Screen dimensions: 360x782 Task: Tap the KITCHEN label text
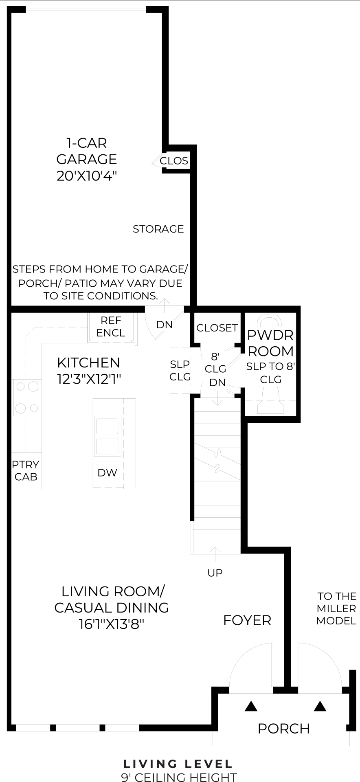pos(88,362)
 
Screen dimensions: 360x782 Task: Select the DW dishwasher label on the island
pos(107,472)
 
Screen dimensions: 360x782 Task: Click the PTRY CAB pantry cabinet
pos(26,470)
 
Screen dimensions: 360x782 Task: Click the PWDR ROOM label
pos(271,343)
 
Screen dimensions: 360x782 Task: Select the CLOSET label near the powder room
pos(217,328)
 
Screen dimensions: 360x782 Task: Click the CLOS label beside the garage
pos(174,161)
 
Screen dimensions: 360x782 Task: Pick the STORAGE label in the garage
pos(158,229)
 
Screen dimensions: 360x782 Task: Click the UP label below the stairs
pos(215,573)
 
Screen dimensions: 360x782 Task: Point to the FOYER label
pos(247,620)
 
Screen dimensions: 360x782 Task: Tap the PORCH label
pos(284,728)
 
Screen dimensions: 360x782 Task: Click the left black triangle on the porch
pos(251,706)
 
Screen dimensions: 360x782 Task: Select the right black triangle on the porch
pos(320,706)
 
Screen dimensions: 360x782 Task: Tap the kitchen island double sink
pos(108,436)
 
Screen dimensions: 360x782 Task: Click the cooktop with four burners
pos(27,397)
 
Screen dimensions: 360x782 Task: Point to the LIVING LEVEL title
pos(178,764)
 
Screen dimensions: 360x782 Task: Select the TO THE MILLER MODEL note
pos(336,608)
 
